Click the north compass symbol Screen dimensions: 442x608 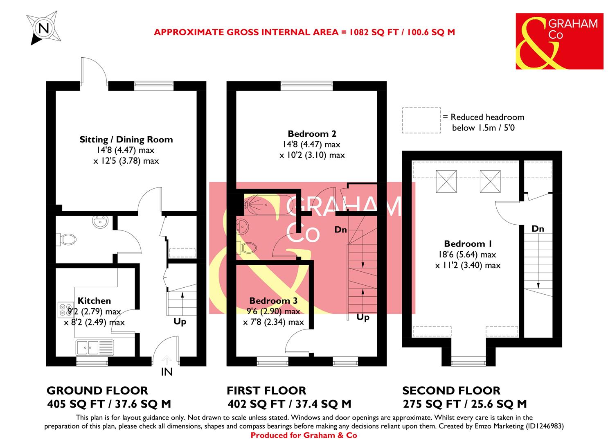[x=43, y=28]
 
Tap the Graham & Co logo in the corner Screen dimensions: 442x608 [x=559, y=41]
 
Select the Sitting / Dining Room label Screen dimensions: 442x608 [x=126, y=140]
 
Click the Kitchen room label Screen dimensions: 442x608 [x=95, y=301]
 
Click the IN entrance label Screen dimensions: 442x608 [x=167, y=372]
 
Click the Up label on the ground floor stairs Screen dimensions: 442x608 [x=180, y=322]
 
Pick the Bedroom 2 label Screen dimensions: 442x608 [x=312, y=133]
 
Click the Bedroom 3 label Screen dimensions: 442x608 [x=273, y=301]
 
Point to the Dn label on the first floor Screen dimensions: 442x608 [x=340, y=230]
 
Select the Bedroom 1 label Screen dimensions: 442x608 [x=468, y=244]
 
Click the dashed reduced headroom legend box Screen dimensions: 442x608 [x=421, y=120]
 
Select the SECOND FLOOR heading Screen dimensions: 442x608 [x=451, y=391]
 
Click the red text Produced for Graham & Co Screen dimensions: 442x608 [x=304, y=435]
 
